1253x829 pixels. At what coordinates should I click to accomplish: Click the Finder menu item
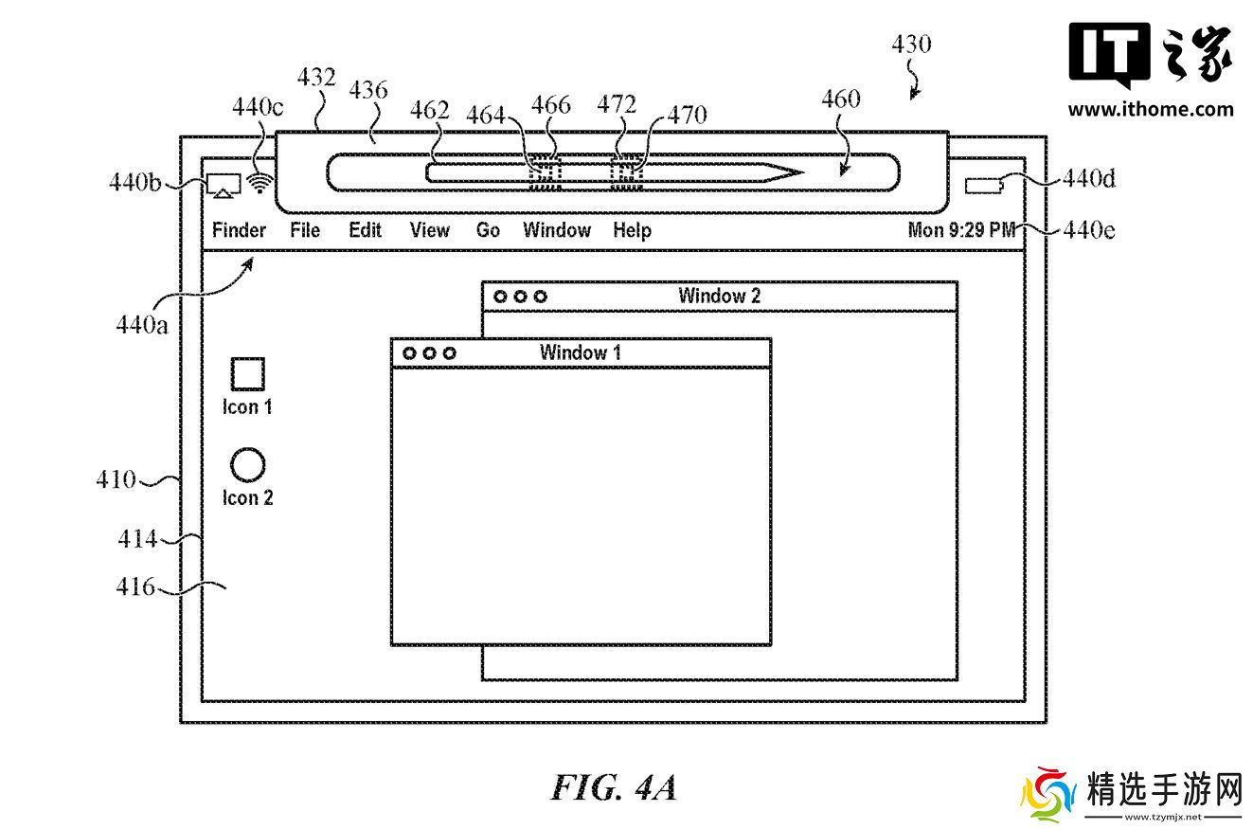pos(239,230)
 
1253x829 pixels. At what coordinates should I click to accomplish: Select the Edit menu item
pos(365,230)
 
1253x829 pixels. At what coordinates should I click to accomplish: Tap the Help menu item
pos(632,230)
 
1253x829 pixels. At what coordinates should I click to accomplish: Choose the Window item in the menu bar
pos(557,230)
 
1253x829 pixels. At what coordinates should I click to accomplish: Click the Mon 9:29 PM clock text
pos(961,230)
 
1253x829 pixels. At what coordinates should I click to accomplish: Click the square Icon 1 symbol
pos(247,373)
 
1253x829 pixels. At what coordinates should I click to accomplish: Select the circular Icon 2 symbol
pos(247,464)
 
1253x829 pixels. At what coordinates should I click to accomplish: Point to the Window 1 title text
pos(581,352)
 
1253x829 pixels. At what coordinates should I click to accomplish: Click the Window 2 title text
pos(719,296)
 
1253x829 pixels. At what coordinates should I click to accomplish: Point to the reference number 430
pos(911,45)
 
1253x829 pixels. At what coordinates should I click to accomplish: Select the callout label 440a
pos(142,325)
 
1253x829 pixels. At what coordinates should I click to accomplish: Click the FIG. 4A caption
pos(614,788)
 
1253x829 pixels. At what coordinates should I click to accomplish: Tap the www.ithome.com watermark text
pos(1151,109)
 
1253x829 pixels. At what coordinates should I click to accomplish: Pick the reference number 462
pos(429,111)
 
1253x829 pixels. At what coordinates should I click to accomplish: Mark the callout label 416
pos(135,587)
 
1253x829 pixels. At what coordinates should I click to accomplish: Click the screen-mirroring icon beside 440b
pos(224,185)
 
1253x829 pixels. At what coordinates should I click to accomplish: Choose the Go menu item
pos(488,230)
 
